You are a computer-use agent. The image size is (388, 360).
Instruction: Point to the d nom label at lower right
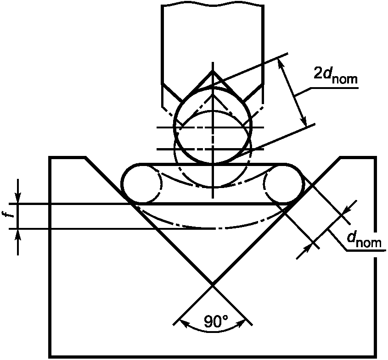coord(364,240)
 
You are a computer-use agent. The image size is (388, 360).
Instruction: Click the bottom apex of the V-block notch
coord(213,285)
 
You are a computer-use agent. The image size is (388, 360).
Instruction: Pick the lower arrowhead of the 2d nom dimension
coord(304,121)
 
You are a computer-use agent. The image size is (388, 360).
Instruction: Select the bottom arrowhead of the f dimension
coord(17,235)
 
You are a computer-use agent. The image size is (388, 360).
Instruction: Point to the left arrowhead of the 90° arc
coord(183,323)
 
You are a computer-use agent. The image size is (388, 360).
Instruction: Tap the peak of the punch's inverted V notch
coord(213,71)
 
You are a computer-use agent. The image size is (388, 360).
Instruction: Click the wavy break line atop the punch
coord(213,5)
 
